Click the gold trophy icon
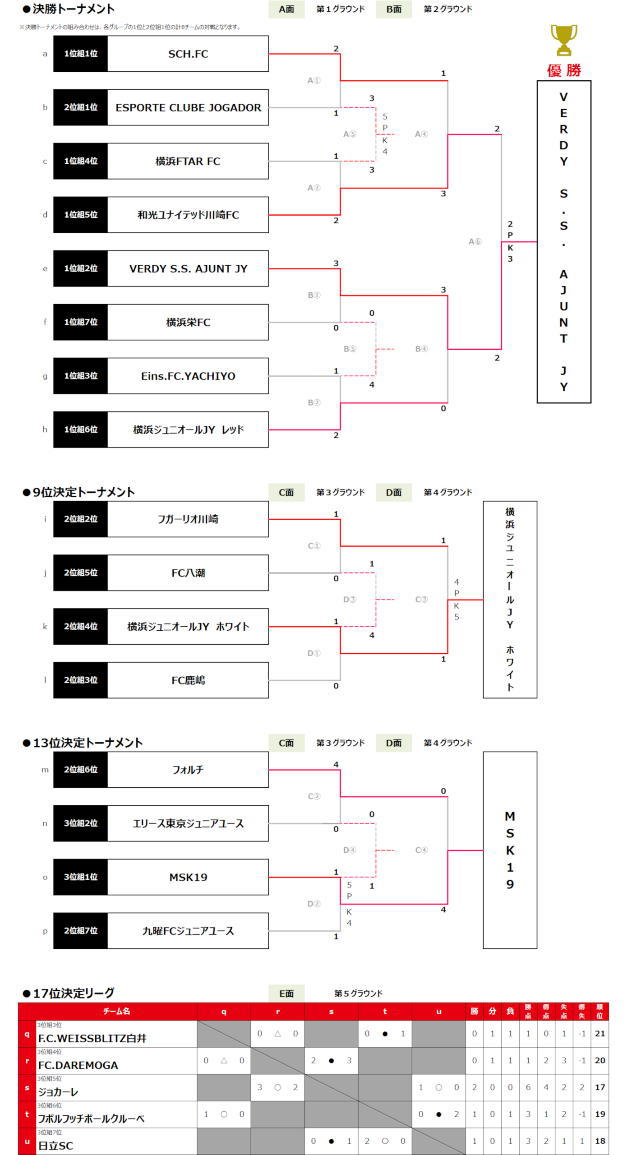[563, 40]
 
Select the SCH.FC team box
[188, 54]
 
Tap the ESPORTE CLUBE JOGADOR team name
[188, 107]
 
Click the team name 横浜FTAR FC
[188, 161]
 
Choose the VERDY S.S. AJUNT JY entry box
[188, 268]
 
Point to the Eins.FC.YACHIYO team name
[188, 376]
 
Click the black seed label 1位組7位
[81, 322]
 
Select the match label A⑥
[475, 241]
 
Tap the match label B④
[421, 349]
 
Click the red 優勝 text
[564, 70]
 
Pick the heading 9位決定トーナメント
[83, 492]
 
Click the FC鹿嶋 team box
[188, 680]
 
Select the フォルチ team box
[188, 770]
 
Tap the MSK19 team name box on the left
[188, 877]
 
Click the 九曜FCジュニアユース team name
[188, 931]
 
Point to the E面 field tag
[286, 993]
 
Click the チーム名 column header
[116, 1012]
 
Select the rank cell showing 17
[599, 1087]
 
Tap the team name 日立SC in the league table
[55, 1146]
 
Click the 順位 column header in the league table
[599, 1012]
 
